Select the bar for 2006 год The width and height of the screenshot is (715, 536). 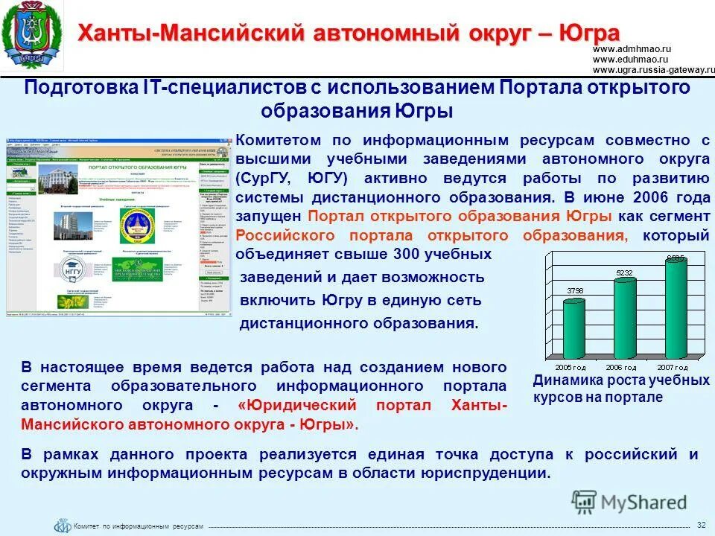tap(625, 316)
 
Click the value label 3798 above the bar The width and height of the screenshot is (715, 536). tap(575, 290)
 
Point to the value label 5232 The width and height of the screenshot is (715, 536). tap(624, 273)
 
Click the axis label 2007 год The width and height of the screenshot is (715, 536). tap(672, 368)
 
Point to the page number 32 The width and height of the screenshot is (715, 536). tap(701, 526)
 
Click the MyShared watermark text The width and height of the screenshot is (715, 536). tap(645, 502)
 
